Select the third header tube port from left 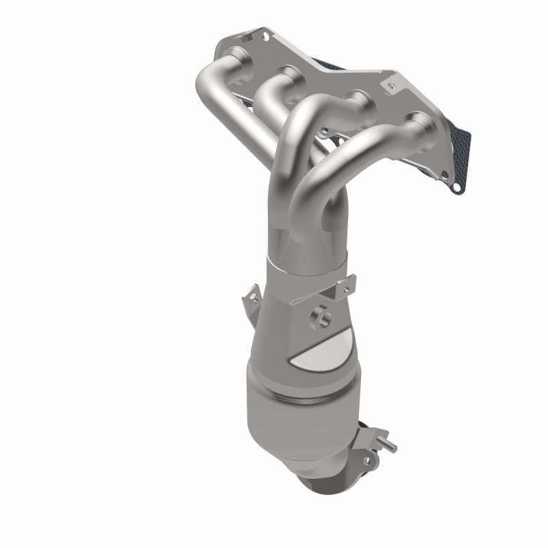pyautogui.click(x=356, y=96)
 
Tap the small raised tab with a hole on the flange pyautogui.click(x=390, y=86)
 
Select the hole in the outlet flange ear pyautogui.click(x=366, y=461)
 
